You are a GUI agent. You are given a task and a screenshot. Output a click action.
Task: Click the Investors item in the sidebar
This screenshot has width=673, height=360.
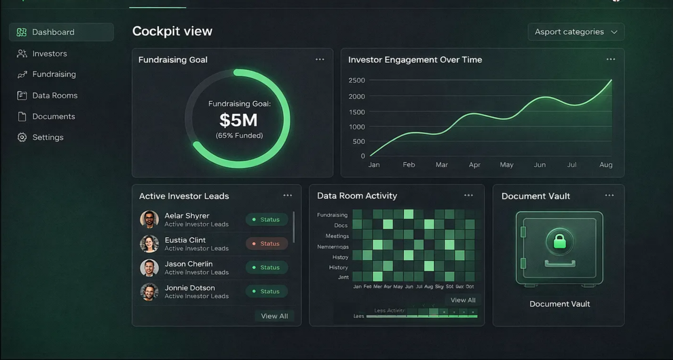pyautogui.click(x=49, y=54)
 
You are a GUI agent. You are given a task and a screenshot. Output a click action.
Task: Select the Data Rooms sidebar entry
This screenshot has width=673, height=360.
pyautogui.click(x=54, y=95)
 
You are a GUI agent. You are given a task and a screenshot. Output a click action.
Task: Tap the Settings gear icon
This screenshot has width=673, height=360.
pyautogui.click(x=22, y=137)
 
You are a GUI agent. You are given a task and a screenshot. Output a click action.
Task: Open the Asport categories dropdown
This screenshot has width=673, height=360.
pyautogui.click(x=576, y=32)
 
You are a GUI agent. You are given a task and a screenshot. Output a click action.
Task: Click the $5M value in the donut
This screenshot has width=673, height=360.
pyautogui.click(x=238, y=120)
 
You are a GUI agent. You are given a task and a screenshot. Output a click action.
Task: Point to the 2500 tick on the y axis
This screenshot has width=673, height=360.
pyautogui.click(x=357, y=80)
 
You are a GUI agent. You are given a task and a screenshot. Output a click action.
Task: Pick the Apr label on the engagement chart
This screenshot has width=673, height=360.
pyautogui.click(x=474, y=165)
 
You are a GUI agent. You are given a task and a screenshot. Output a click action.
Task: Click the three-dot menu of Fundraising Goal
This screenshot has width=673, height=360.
pyautogui.click(x=320, y=59)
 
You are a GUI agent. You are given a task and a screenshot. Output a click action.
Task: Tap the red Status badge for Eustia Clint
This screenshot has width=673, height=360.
pyautogui.click(x=266, y=244)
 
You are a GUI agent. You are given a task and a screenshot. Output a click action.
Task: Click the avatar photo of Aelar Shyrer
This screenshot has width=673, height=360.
pyautogui.click(x=149, y=219)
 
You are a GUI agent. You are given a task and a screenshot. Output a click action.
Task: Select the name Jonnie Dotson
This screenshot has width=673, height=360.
pyautogui.click(x=190, y=288)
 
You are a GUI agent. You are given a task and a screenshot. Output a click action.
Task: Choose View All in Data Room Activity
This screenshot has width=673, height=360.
pyautogui.click(x=463, y=300)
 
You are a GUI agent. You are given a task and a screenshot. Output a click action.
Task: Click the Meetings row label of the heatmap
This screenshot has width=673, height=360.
pyautogui.click(x=337, y=236)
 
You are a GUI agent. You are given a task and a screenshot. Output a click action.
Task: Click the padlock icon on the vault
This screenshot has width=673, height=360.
pyautogui.click(x=559, y=241)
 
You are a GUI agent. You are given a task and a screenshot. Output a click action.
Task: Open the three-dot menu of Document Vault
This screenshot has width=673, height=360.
pyautogui.click(x=609, y=195)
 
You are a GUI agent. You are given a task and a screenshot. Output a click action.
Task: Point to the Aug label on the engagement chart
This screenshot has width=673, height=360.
pyautogui.click(x=606, y=165)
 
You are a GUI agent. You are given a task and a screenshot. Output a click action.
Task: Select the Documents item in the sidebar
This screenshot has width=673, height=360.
pyautogui.click(x=53, y=116)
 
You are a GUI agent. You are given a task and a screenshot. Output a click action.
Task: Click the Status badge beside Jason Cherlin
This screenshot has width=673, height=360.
pyautogui.click(x=266, y=267)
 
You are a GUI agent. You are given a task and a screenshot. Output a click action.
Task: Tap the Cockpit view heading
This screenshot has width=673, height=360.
pyautogui.click(x=172, y=31)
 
